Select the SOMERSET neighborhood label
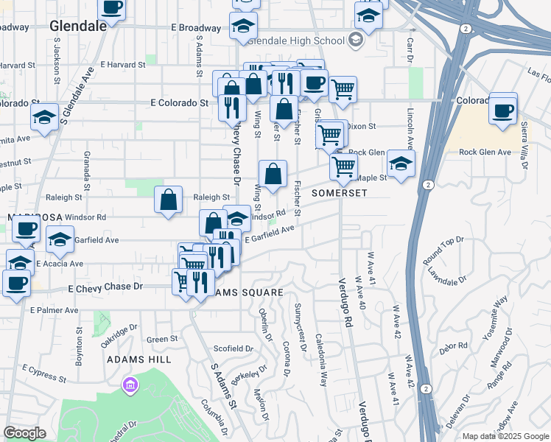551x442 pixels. pyautogui.click(x=339, y=192)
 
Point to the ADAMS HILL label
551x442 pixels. pyautogui.click(x=139, y=359)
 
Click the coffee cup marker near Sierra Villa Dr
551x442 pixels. pyautogui.click(x=503, y=110)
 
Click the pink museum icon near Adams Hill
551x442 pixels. pyautogui.click(x=130, y=385)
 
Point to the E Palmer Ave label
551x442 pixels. pyautogui.click(x=54, y=310)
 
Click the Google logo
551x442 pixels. pyautogui.click(x=24, y=433)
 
